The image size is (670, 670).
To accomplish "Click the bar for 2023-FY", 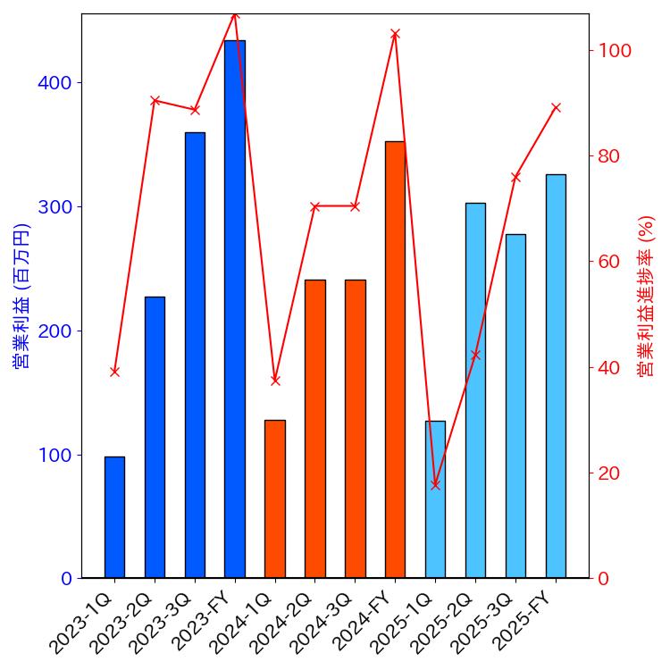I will tap(235, 309).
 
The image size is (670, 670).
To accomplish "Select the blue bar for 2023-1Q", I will tap(114, 517).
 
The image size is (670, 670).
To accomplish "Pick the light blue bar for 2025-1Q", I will tap(435, 499).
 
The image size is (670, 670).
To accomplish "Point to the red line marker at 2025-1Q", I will tap(435, 484).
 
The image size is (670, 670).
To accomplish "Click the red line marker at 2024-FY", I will tap(395, 34).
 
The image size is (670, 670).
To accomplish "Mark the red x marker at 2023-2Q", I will tap(155, 100).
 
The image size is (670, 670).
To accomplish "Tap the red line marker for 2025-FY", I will tap(556, 107).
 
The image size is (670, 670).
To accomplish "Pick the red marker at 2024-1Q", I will tap(275, 380).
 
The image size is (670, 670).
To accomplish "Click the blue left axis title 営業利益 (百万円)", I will tap(22, 296).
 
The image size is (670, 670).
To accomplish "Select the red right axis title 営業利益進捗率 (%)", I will tap(648, 296).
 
